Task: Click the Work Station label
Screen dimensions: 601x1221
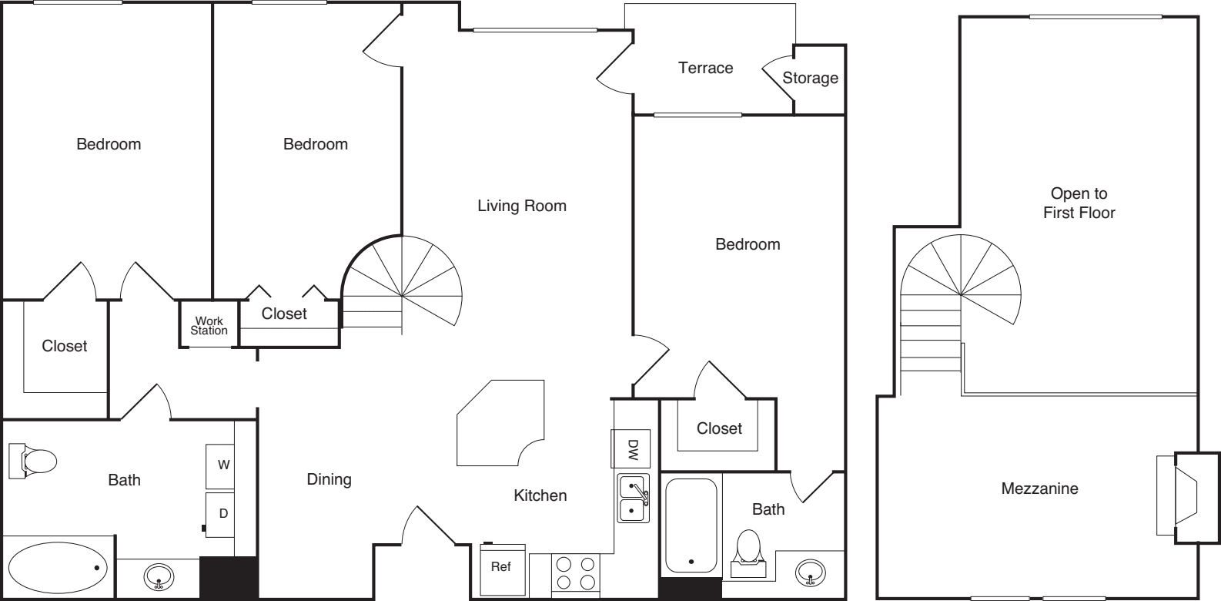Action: (209, 326)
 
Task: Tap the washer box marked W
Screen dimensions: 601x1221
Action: (222, 465)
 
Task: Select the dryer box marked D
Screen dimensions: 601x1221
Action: (222, 513)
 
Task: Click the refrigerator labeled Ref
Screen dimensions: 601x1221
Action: (501, 568)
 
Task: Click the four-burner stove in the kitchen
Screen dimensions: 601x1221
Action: (576, 573)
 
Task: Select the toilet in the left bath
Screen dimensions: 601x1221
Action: (34, 462)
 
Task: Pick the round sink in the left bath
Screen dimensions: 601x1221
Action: (159, 575)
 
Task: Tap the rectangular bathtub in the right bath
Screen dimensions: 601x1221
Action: (691, 525)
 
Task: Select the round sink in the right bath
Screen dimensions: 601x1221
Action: (810, 572)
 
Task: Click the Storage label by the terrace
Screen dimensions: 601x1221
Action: (810, 78)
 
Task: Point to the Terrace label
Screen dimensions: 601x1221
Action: (705, 68)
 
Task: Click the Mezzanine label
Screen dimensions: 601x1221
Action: (1039, 489)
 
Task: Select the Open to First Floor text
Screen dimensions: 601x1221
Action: (1079, 203)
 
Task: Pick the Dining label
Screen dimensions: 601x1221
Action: (330, 479)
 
